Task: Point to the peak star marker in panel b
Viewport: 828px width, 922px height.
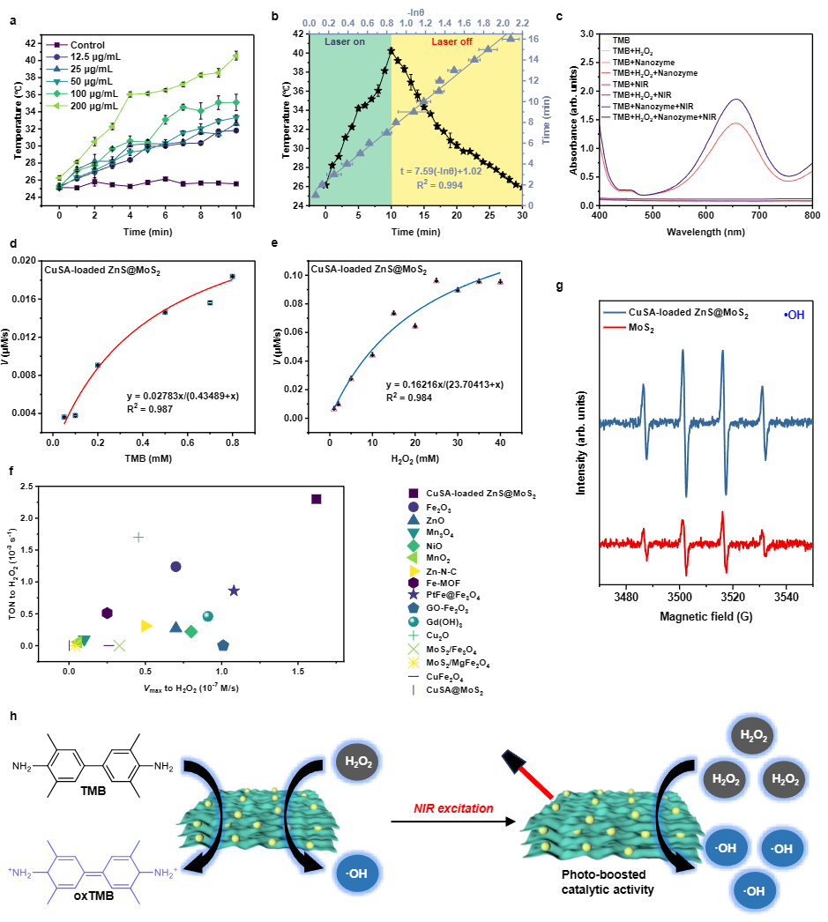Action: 391,50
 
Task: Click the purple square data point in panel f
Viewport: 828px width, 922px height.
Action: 317,499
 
